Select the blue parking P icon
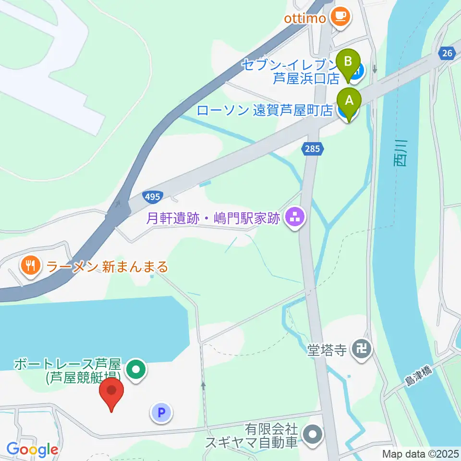tap(162, 412)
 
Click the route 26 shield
tap(447, 54)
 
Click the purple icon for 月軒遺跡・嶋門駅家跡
tap(294, 219)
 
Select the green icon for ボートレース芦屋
tap(136, 370)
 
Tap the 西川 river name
tap(400, 154)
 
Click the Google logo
tap(32, 449)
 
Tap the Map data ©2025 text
tap(420, 453)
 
